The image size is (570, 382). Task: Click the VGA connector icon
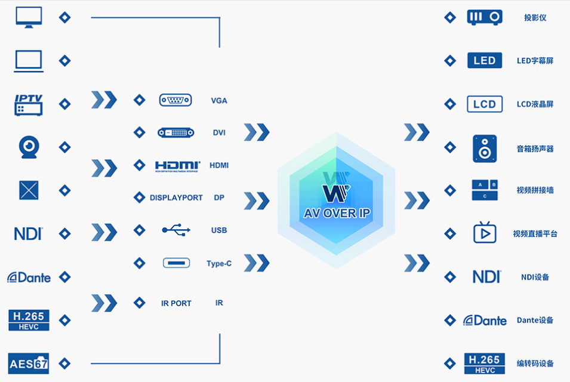(175, 100)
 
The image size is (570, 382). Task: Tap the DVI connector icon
(175, 133)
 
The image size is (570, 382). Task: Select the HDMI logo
(177, 165)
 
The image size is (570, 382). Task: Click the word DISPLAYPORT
(176, 198)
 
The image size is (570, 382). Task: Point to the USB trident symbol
(176, 230)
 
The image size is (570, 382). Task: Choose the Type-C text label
(219, 263)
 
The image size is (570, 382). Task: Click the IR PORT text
(176, 303)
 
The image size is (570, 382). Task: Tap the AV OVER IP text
(337, 213)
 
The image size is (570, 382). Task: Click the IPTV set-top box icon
(29, 104)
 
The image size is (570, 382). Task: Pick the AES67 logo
(29, 363)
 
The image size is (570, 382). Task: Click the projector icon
(484, 17)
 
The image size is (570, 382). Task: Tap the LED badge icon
(484, 60)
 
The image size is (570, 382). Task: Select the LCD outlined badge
(484, 104)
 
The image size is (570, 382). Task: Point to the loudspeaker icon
(484, 148)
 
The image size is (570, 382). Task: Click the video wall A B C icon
(484, 190)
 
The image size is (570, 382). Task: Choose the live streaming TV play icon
(484, 233)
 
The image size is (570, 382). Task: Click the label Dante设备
(535, 320)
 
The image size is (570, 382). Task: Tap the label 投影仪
(535, 17)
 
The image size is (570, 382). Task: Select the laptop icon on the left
(29, 61)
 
